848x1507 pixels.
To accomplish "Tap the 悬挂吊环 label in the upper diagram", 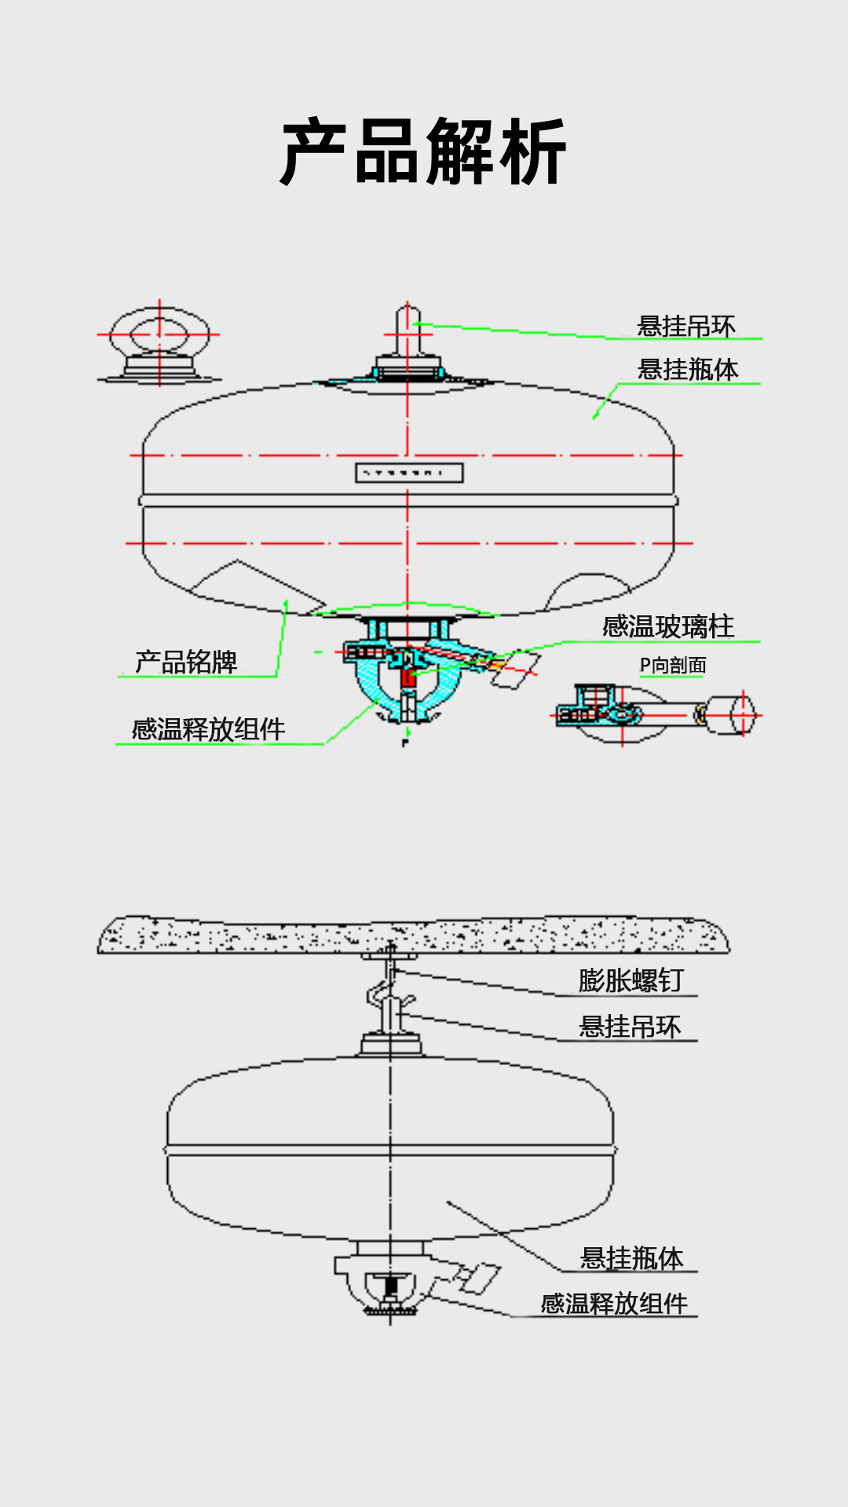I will click(x=686, y=326).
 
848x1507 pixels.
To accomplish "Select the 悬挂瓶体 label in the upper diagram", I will click(x=688, y=369).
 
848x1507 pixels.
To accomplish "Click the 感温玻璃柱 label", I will click(x=668, y=626).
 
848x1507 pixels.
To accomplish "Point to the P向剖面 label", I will click(x=673, y=666).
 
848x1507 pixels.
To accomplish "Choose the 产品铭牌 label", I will click(x=186, y=662).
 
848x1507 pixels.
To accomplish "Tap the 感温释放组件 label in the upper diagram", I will click(x=208, y=729).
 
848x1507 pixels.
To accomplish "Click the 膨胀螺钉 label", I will click(x=631, y=980).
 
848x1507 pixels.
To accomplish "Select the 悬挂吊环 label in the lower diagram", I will click(x=630, y=1026).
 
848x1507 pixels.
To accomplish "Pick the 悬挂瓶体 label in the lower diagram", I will click(x=631, y=1257).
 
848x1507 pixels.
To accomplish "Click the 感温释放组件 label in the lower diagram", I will click(x=614, y=1304).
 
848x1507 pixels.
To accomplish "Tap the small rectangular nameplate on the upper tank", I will click(x=409, y=473).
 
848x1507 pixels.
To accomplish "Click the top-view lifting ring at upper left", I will click(x=160, y=344).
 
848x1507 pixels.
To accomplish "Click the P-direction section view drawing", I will click(x=656, y=714).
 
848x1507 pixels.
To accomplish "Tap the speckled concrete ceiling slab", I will click(x=413, y=935).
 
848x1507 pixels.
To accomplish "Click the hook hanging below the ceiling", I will click(x=385, y=993).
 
